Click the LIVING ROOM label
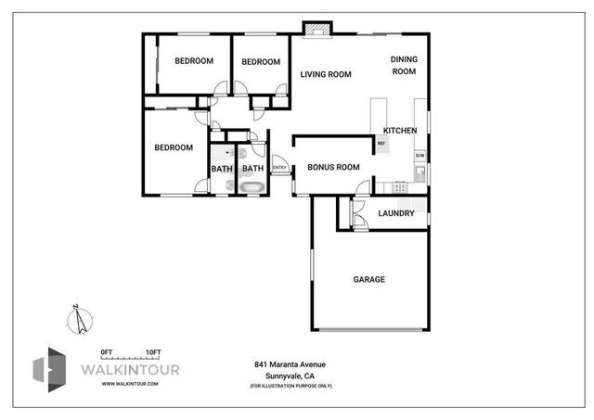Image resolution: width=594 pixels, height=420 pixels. point(325,75)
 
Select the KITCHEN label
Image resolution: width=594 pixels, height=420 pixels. point(400,131)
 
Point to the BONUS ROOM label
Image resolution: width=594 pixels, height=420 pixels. point(333,167)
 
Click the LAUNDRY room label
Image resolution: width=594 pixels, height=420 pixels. point(395,214)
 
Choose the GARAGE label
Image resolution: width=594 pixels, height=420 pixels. point(368,279)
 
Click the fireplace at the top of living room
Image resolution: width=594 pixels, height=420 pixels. point(318,30)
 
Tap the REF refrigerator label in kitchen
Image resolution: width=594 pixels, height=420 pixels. point(381,144)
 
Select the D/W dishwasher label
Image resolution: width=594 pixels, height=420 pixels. point(420,155)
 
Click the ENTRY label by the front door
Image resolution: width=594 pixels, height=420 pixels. point(278,167)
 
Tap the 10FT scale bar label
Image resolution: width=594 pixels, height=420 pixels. point(153,351)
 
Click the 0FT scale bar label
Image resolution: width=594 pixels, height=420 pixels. point(107,351)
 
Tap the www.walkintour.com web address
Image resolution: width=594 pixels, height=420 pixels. point(128,382)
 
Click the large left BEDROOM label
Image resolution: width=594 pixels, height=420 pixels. point(174,147)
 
